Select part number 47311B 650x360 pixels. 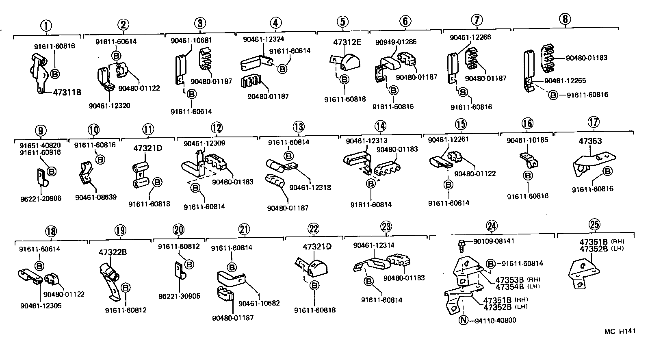[x=67, y=92]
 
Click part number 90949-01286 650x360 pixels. [x=396, y=42]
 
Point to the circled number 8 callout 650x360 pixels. [x=564, y=19]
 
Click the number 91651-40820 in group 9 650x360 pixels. [x=40, y=145]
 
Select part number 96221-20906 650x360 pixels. [x=41, y=198]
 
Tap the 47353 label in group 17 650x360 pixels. [x=590, y=141]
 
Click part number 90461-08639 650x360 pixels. [x=95, y=197]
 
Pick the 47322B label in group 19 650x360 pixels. [x=113, y=252]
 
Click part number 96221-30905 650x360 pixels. [x=179, y=296]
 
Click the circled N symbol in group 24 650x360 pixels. [x=463, y=320]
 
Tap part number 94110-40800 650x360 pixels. [x=494, y=320]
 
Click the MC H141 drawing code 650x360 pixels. [x=619, y=331]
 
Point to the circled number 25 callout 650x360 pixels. [x=594, y=224]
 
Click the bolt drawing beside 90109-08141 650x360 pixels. [x=462, y=243]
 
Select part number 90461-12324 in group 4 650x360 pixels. [x=263, y=39]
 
